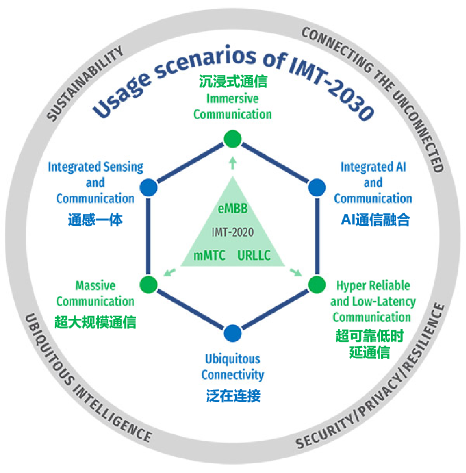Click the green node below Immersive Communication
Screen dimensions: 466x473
232,139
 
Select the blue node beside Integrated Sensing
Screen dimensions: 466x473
148,188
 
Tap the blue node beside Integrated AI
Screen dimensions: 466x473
317,188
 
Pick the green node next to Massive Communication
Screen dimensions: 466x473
148,284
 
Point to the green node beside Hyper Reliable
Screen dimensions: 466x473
317,284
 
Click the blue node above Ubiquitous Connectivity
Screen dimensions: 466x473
232,334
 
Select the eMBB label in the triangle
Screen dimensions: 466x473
232,208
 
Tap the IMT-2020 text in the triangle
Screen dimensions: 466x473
232,232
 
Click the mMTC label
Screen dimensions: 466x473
209,255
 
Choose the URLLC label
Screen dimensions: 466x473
254,255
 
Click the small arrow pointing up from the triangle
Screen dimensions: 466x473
232,163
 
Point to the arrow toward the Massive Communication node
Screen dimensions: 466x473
170,272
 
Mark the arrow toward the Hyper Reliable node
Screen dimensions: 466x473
295,272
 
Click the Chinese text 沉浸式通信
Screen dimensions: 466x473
233,81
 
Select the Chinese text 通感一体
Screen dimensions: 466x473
95,220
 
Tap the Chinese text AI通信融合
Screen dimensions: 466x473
375,220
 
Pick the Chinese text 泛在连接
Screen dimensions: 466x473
233,396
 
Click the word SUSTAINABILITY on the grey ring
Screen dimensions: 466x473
85,83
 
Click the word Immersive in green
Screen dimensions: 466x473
232,98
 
